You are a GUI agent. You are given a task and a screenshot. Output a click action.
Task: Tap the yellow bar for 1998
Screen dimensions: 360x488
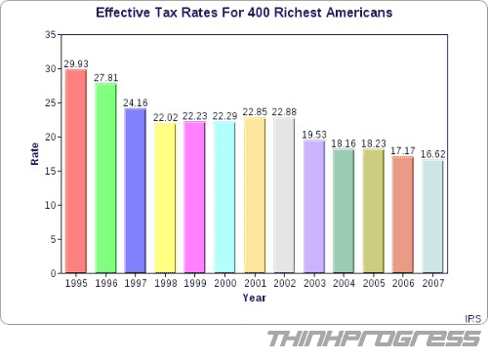pyautogui.click(x=165, y=197)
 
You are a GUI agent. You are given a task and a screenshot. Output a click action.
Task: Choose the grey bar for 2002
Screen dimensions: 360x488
pyautogui.click(x=284, y=194)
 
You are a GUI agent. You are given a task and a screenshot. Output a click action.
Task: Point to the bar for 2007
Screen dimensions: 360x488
pyautogui.click(x=432, y=216)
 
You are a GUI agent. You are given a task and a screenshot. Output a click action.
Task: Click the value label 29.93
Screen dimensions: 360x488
pyautogui.click(x=76, y=63)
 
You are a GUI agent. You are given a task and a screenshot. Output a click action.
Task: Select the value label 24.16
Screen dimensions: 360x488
pyautogui.click(x=136, y=102)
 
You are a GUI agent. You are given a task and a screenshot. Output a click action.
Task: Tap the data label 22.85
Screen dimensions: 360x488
pyautogui.click(x=254, y=111)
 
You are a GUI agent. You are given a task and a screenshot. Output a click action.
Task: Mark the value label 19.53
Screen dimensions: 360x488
pyautogui.click(x=313, y=135)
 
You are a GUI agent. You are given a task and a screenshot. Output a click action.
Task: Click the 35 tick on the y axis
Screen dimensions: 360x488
pyautogui.click(x=50, y=35)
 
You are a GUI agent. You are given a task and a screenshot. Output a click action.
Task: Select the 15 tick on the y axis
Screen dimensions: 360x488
pyautogui.click(x=50, y=172)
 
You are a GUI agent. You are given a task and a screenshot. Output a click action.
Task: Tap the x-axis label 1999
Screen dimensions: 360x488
pyautogui.click(x=194, y=284)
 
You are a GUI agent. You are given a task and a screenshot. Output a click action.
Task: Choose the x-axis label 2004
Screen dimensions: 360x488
pyautogui.click(x=343, y=284)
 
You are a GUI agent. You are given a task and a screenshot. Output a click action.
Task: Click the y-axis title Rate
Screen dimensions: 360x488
pyautogui.click(x=35, y=154)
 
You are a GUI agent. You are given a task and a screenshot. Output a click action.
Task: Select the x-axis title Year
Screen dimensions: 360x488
pyautogui.click(x=254, y=298)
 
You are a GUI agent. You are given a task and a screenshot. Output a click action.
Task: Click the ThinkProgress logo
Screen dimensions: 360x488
pyautogui.click(x=374, y=340)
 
